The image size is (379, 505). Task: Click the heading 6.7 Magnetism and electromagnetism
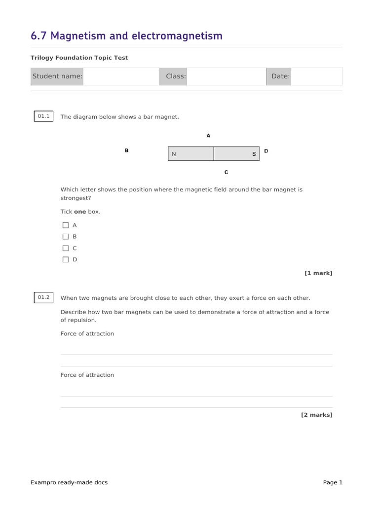pos(126,36)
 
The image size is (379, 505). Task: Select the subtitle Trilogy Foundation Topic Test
pos(79,58)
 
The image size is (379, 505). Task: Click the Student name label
pos(57,76)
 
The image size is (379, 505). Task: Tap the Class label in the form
pos(176,76)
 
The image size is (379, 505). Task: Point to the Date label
pos(280,76)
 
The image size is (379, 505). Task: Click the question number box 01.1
pos(44,116)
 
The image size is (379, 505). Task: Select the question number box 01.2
pos(44,297)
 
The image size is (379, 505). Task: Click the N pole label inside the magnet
pos(174,154)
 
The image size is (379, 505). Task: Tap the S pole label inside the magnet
pos(254,154)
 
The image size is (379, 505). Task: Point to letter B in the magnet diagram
pos(127,151)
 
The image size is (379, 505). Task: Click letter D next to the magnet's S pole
pos(266,151)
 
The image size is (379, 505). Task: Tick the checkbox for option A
pos(66,225)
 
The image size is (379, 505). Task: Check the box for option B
pos(66,237)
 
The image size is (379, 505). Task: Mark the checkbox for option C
pos(66,248)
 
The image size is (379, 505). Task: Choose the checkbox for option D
pos(66,259)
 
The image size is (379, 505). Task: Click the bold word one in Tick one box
pos(80,212)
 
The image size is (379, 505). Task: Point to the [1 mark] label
pos(318,273)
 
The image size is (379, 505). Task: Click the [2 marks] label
pos(317,415)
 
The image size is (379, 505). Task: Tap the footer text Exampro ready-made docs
pos(69,482)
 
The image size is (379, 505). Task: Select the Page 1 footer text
pos(333,482)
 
